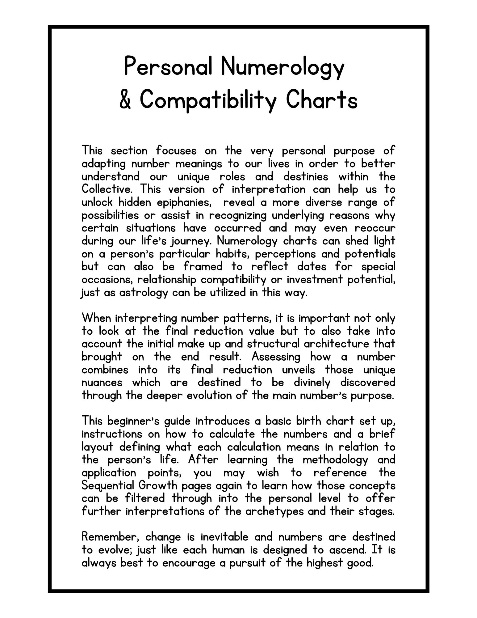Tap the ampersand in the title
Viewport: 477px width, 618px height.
(125, 99)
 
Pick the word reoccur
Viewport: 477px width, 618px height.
(375, 228)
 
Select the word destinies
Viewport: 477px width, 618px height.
(306, 176)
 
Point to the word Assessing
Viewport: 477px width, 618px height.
(276, 357)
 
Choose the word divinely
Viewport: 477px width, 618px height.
(312, 383)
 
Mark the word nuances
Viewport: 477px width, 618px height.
(102, 383)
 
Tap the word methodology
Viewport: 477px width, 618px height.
(335, 459)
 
